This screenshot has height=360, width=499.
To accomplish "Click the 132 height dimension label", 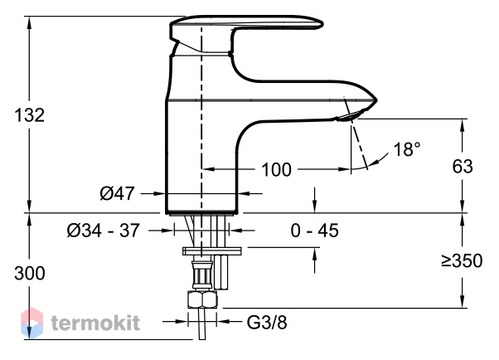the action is point(29,115).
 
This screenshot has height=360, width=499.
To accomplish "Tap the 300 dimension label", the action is point(30,274).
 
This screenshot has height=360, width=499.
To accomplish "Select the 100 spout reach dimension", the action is point(276,169).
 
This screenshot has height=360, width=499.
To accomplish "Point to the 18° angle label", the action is point(407,148).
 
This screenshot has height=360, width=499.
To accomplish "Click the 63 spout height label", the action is point(463,166).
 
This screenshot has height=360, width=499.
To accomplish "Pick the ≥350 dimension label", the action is point(462,260).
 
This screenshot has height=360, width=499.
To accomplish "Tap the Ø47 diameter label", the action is point(117,193).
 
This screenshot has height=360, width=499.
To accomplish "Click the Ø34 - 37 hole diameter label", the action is point(103,230).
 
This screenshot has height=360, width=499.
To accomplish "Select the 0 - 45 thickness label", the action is point(314,231).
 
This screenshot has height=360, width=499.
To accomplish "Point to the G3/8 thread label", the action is point(267,323).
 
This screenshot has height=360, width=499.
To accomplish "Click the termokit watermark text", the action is point(95,323).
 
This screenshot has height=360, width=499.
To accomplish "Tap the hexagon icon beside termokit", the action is point(31,323).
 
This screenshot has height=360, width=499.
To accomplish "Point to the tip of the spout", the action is point(377,100).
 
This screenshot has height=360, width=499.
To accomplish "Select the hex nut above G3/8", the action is point(202,299).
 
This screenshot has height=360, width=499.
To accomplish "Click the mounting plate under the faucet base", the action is point(212,251).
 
